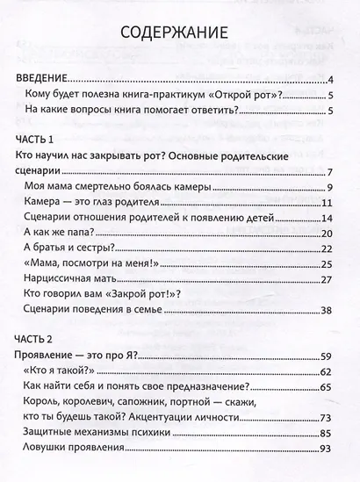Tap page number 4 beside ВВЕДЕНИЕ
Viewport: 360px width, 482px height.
(x=327, y=79)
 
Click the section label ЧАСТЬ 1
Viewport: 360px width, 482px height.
(x=40, y=140)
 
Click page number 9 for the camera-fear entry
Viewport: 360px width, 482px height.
(x=327, y=188)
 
